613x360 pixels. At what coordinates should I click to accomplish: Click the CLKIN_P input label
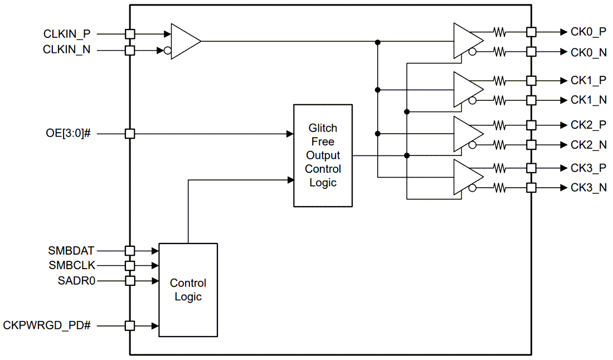66,33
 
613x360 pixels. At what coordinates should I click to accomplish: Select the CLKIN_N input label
66,50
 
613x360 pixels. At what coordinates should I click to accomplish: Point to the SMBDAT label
71,251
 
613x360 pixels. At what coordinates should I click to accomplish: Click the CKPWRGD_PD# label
47,325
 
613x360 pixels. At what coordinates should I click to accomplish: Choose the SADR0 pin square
130,281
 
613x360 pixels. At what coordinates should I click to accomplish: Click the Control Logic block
188,290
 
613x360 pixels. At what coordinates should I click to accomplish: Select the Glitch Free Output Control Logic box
323,155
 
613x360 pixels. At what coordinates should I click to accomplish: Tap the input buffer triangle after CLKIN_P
184,41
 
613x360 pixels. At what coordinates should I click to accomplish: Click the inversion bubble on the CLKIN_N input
167,51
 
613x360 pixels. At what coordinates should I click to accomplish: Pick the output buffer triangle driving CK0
467,41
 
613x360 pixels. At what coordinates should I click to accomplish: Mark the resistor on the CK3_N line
499,188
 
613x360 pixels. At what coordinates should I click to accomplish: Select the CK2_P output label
588,125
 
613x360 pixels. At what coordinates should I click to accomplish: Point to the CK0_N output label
588,52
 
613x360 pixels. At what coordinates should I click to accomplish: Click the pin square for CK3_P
531,168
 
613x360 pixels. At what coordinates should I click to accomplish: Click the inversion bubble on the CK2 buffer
473,145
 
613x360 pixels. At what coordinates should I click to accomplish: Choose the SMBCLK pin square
130,266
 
